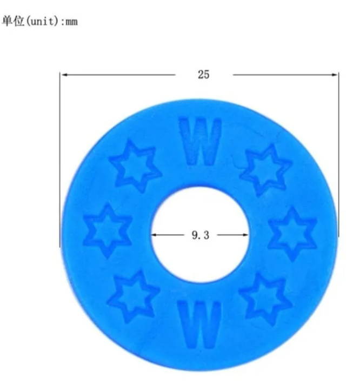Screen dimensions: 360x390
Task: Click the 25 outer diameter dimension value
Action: tap(204, 75)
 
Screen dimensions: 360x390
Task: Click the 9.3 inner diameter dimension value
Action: tap(201, 235)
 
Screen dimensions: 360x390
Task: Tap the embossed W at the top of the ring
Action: tap(200, 141)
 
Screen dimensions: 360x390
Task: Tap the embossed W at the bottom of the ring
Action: tap(199, 324)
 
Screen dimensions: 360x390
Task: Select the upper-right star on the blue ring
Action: tap(266, 170)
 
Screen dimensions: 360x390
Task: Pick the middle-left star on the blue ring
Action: tap(108, 231)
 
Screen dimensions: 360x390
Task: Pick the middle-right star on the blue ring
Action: tap(292, 234)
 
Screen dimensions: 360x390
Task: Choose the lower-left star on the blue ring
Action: tap(134, 297)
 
